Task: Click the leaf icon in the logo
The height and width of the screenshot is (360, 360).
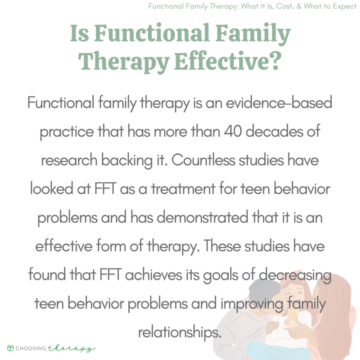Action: tap(10, 348)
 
